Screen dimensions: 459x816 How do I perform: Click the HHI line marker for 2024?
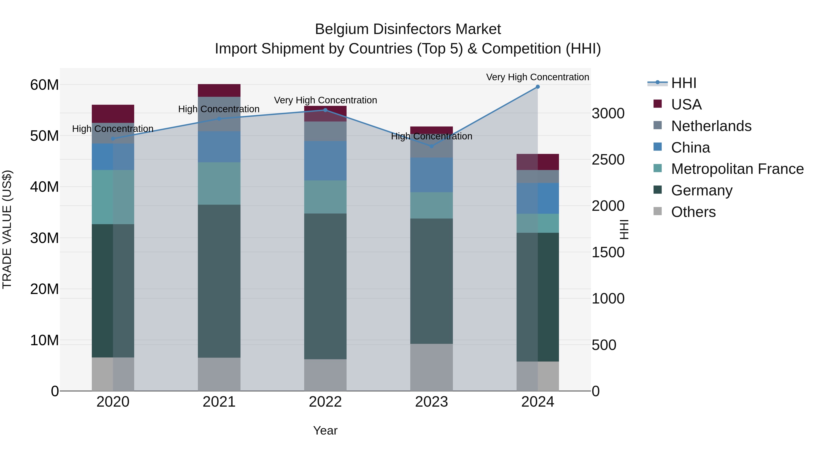[x=538, y=87]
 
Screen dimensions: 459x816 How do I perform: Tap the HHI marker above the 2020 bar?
[x=113, y=139]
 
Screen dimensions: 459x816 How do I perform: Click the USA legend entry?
[x=686, y=104]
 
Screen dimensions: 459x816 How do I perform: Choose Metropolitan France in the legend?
[x=737, y=169]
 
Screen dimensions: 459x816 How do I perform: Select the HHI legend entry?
[x=684, y=83]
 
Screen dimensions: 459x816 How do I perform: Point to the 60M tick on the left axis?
[x=44, y=85]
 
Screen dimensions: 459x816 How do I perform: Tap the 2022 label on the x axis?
[x=325, y=402]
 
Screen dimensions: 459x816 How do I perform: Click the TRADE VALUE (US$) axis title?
[x=7, y=229]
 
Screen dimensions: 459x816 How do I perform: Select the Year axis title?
[x=325, y=430]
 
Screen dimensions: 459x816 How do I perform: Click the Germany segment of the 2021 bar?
[x=219, y=281]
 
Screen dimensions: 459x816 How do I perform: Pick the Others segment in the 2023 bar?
[x=431, y=367]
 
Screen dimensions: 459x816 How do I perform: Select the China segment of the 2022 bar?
[x=325, y=161]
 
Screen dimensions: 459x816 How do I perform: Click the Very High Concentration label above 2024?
[x=538, y=77]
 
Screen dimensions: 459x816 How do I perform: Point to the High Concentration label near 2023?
[x=431, y=136]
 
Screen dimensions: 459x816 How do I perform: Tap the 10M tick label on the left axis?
[x=44, y=340]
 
